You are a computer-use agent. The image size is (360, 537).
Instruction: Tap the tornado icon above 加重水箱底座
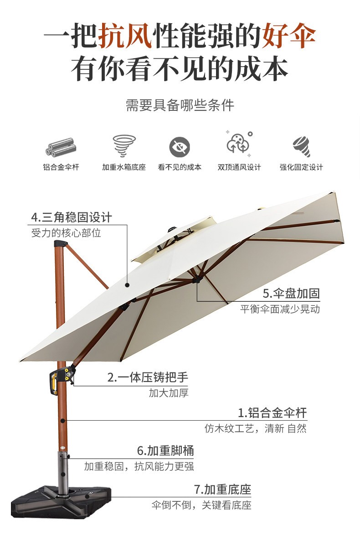pos(124,145)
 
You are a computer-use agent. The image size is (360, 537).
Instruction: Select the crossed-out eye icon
pos(180,147)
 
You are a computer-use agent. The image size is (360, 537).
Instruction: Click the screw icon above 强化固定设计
pos(301,146)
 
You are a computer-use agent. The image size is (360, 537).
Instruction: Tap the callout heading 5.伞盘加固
pos(291,293)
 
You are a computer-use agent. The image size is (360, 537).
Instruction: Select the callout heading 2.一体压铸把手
pos(148,377)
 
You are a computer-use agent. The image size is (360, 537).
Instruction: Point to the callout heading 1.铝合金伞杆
pos(273,413)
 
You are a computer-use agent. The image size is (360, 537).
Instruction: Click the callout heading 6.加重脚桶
pos(165,451)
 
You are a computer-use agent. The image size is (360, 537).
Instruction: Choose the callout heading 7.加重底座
pos(222,490)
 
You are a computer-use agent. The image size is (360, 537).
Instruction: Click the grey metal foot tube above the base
pos(62,470)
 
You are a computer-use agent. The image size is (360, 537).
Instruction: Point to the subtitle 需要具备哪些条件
pos(180,106)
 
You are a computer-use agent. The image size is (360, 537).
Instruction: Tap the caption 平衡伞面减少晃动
pos(280,309)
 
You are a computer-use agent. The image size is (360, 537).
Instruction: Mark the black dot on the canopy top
pos(128,284)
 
